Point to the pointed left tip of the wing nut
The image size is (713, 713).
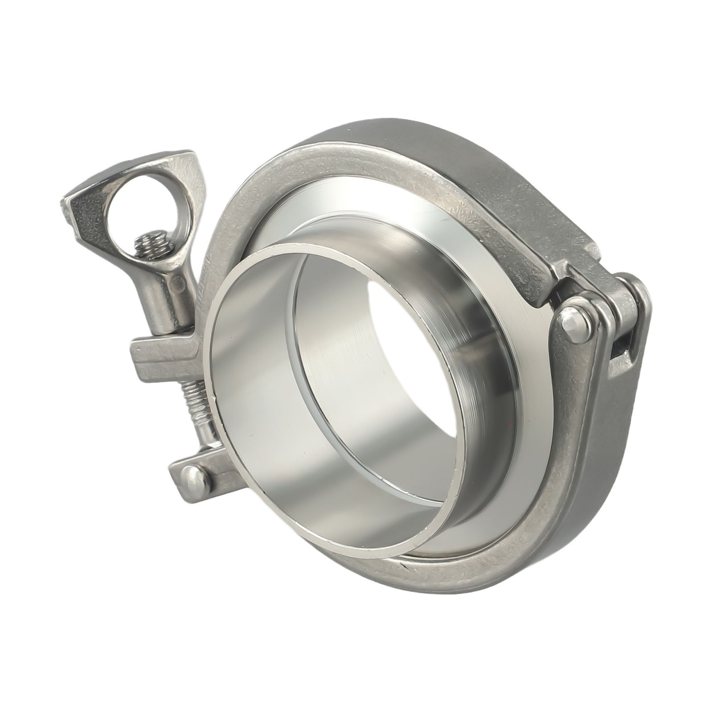[67, 203]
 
